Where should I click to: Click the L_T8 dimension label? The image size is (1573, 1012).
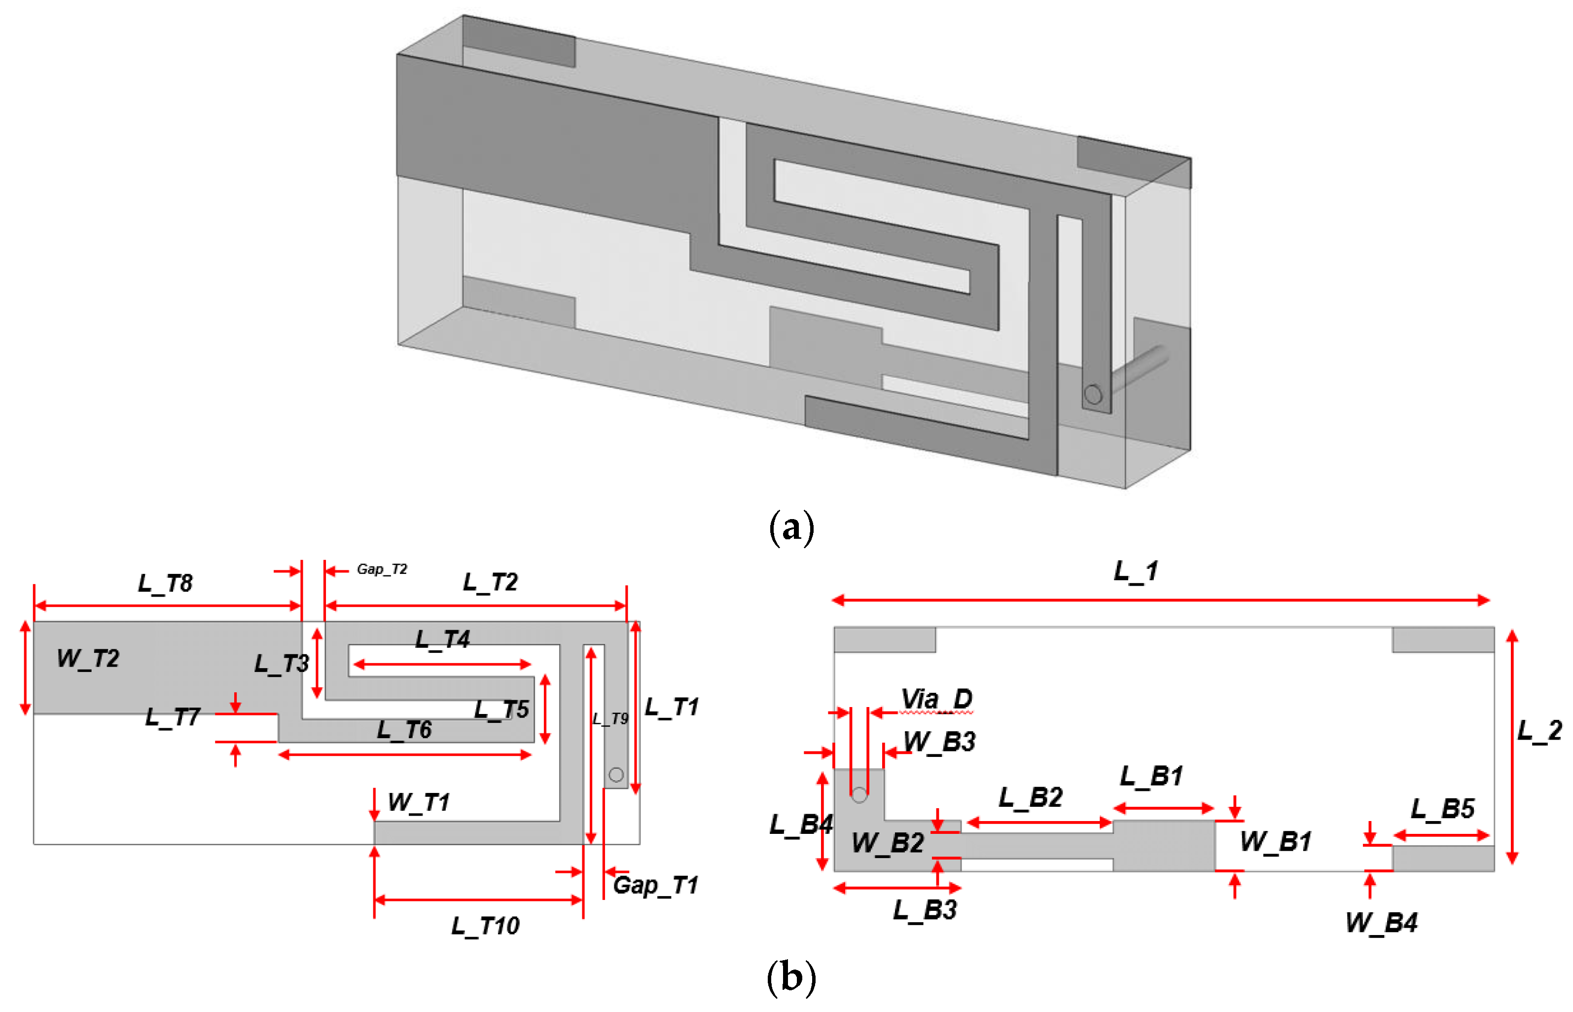165,583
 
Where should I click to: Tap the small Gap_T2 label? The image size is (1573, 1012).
382,569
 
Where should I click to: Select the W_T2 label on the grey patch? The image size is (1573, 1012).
88,658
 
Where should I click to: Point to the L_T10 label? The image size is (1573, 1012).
485,926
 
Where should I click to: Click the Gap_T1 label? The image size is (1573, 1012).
655,885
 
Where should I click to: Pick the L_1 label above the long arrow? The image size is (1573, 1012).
1136,570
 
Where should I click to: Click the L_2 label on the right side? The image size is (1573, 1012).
1539,730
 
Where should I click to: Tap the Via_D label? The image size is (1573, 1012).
936,699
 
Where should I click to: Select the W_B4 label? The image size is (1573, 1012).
1381,923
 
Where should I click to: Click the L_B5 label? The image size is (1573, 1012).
1442,808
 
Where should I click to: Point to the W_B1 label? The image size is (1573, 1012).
1275,841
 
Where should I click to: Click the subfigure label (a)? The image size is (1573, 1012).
791,527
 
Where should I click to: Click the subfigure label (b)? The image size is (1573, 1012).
791,977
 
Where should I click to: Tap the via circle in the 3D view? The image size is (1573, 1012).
1093,394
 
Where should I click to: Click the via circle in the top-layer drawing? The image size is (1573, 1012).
615,775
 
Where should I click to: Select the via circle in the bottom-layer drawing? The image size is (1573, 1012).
858,796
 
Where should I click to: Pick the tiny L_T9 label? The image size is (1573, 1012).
610,719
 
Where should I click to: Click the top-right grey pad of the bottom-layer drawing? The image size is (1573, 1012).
1442,639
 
